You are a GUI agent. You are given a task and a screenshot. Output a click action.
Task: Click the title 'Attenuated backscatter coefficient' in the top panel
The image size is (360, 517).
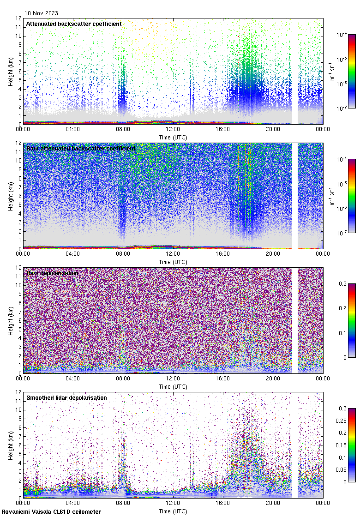74,24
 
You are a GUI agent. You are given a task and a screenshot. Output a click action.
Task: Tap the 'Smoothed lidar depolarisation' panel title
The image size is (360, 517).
66,397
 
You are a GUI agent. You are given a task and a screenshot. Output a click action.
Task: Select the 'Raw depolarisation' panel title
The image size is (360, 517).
52,273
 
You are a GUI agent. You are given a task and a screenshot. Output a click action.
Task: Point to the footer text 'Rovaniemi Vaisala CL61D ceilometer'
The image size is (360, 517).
51,512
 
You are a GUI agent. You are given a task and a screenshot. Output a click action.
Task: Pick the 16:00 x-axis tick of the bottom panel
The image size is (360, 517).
223,503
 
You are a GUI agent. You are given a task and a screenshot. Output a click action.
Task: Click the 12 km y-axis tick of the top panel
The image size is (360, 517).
18,18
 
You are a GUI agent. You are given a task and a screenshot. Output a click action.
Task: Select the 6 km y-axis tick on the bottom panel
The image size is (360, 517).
19,445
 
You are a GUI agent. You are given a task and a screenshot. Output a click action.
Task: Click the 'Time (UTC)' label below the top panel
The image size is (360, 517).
173,137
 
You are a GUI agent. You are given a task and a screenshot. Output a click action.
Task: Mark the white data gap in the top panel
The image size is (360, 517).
295,71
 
